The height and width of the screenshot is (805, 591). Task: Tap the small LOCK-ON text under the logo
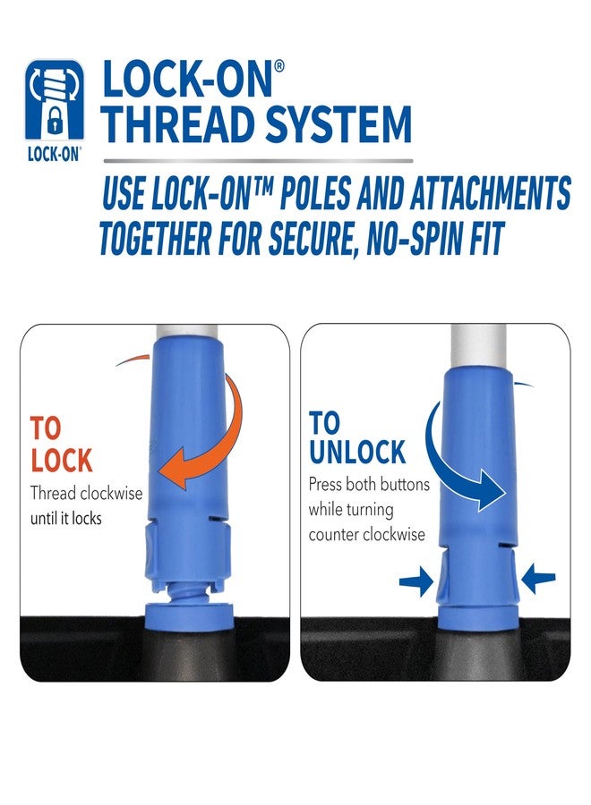(55, 153)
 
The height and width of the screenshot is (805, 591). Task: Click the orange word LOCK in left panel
(61, 461)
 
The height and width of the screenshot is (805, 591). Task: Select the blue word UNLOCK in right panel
(357, 452)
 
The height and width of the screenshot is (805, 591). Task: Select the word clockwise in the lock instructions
(111, 493)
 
